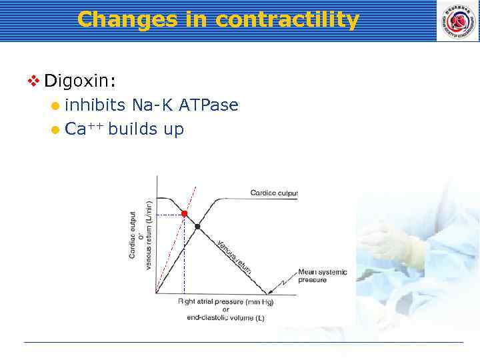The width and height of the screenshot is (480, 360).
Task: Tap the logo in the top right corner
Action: pyautogui.click(x=457, y=21)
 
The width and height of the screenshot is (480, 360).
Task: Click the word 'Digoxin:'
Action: pyautogui.click(x=80, y=81)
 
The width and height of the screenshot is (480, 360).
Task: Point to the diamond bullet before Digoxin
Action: pyautogui.click(x=33, y=81)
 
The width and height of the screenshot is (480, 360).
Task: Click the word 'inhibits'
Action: pyautogui.click(x=95, y=105)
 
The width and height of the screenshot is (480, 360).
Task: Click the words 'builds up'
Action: pyautogui.click(x=145, y=129)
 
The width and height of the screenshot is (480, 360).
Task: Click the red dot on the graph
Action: pyautogui.click(x=185, y=214)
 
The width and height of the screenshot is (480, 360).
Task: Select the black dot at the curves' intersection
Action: pyautogui.click(x=197, y=227)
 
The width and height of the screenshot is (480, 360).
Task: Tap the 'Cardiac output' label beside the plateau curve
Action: pyautogui.click(x=273, y=193)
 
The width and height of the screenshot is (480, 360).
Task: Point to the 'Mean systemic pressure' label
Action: pyautogui.click(x=321, y=276)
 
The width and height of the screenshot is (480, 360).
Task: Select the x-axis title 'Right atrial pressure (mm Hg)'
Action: pyautogui.click(x=225, y=302)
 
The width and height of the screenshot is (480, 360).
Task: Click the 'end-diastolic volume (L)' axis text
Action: pyautogui.click(x=225, y=318)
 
